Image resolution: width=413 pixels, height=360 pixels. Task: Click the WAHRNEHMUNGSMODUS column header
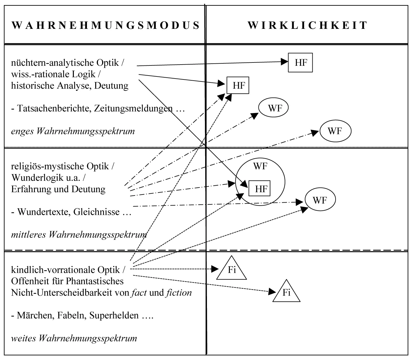(x=106, y=25)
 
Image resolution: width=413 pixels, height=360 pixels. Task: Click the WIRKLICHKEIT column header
(x=307, y=25)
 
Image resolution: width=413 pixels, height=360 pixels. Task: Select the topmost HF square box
(x=300, y=62)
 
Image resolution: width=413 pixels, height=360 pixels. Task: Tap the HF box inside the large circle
(x=260, y=189)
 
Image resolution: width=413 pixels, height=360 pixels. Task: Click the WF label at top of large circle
(x=260, y=166)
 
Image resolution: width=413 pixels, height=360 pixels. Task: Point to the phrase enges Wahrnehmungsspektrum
(x=73, y=131)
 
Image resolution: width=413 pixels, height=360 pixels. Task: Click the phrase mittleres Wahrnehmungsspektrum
(x=79, y=235)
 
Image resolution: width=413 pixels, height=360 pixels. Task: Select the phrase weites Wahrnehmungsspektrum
(x=74, y=338)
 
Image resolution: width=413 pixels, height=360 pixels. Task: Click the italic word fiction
(x=179, y=293)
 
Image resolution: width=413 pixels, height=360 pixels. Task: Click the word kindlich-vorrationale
(x=53, y=270)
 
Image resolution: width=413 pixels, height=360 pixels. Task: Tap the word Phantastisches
(x=95, y=281)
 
